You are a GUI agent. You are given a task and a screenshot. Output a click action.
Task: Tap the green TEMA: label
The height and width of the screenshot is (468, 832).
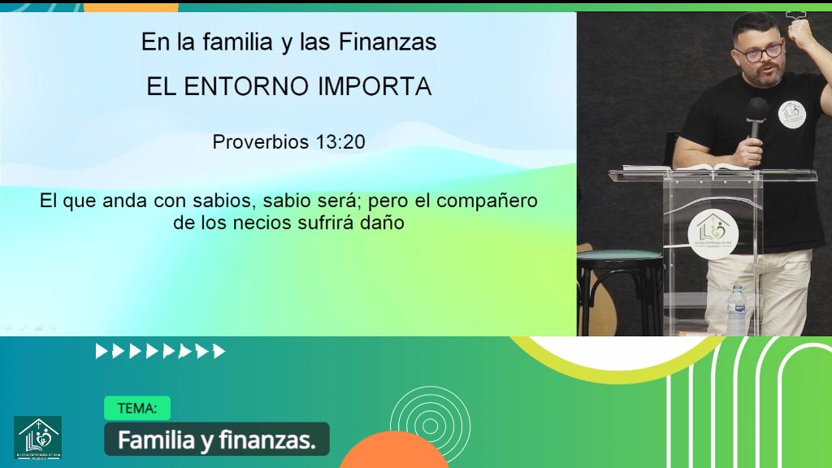point(137,408)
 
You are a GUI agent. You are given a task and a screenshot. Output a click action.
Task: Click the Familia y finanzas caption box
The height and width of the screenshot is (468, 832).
point(216,440)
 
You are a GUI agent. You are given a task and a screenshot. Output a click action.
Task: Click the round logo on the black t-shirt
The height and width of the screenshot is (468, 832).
point(791,113)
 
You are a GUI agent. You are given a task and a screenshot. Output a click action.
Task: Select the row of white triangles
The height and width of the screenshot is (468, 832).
point(160,352)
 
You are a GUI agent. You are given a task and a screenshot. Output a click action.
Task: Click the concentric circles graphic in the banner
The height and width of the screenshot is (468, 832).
point(418,423)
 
